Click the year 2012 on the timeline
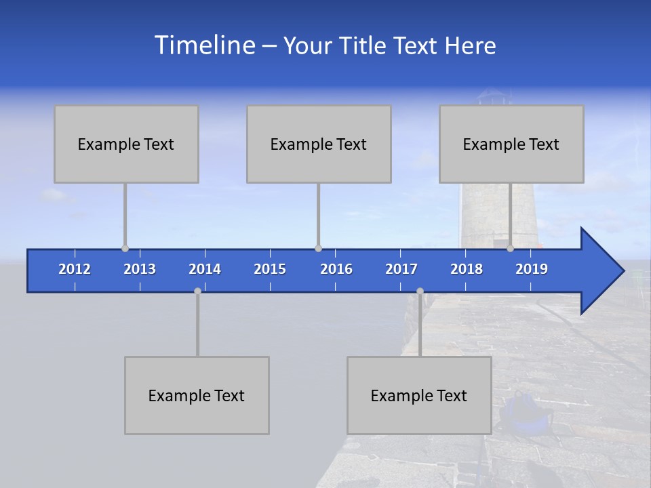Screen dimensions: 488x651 [75, 269]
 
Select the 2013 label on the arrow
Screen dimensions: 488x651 [140, 269]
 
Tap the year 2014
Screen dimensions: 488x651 [205, 269]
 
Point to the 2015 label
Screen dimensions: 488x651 [270, 269]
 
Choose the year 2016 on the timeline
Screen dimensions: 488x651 [336, 269]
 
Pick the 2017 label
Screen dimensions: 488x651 [401, 269]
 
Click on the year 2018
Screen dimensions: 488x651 [467, 269]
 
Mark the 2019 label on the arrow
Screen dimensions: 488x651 [532, 269]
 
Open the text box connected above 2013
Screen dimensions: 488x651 [126, 144]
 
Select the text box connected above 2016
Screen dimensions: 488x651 [319, 144]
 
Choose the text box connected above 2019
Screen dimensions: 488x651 [511, 144]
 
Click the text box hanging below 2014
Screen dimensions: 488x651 [197, 395]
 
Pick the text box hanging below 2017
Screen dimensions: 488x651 [419, 395]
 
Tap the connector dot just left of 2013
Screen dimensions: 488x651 [125, 249]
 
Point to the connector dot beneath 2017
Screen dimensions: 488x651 [420, 291]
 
